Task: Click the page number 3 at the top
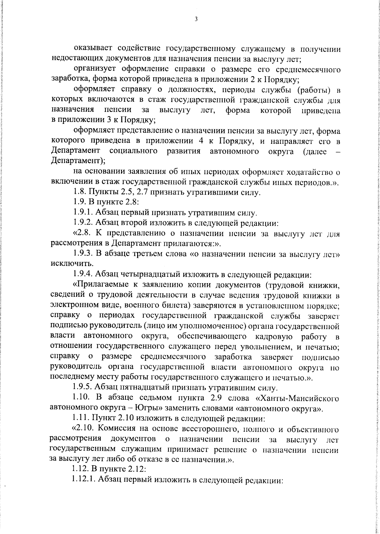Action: pos(196,19)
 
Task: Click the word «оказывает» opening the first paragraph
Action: pos(93,49)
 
